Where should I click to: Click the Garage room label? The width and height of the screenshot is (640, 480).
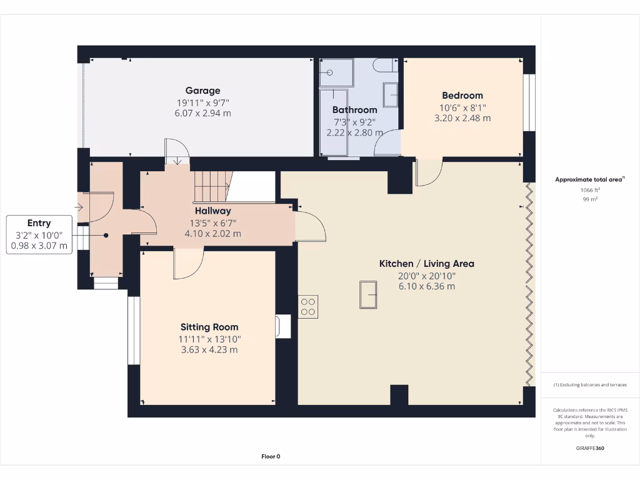pos(202,91)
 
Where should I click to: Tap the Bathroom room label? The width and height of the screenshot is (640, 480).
pos(354,110)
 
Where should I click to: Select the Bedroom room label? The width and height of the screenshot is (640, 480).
pos(462,96)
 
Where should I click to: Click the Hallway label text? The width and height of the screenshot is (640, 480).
pos(212,211)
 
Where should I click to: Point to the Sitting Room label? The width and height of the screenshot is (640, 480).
pos(209,327)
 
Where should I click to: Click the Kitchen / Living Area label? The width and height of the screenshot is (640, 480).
pos(426,264)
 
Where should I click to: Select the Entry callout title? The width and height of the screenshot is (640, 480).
pos(39,223)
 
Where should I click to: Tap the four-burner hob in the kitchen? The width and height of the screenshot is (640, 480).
pos(308,306)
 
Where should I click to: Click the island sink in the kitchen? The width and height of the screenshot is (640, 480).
pos(368,294)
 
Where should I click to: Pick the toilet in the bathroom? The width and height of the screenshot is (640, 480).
pos(383,65)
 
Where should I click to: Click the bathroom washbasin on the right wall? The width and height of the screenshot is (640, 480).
pos(391,95)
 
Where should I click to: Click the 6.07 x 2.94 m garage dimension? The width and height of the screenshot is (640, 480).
pos(202,113)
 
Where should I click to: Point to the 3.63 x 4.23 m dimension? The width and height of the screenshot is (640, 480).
pos(209,350)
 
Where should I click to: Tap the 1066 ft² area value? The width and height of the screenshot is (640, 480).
pos(590,190)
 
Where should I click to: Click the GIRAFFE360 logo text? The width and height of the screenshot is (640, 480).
pos(590,448)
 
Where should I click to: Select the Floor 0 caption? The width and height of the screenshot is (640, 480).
pos(271,457)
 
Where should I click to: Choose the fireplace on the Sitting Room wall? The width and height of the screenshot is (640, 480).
pos(282,326)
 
